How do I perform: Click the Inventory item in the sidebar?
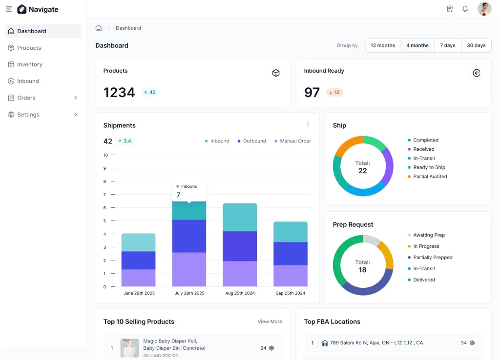[29, 64]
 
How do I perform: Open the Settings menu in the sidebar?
[28, 115]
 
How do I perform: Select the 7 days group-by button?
[447, 45]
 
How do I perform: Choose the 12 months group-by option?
[383, 45]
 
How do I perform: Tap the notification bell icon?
[465, 9]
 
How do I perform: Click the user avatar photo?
[484, 9]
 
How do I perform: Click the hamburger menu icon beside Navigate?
[9, 9]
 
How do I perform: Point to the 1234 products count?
[119, 92]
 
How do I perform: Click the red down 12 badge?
[334, 92]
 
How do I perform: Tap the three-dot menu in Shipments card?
[308, 124]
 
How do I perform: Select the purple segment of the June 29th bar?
[138, 278]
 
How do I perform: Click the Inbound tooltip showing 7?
[188, 191]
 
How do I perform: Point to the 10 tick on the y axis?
[105, 155]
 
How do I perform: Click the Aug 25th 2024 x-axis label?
[240, 293]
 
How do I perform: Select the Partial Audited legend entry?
[430, 177]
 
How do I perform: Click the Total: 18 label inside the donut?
[362, 266]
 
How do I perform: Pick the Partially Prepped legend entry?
[433, 258]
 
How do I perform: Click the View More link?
[270, 321]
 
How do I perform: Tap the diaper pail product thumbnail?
[130, 348]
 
